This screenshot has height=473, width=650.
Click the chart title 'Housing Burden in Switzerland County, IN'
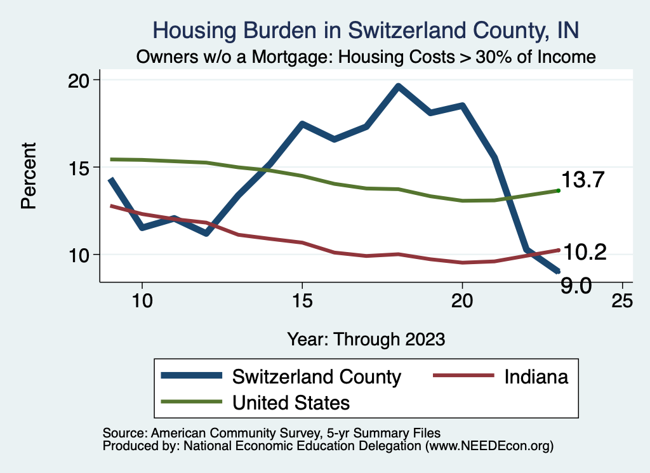coord(366,30)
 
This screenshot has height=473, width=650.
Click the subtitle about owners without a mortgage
coord(366,57)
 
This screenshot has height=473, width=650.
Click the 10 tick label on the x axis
coord(142,301)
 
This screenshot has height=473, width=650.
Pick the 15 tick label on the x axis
coord(302,301)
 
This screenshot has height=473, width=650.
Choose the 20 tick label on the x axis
coord(461,301)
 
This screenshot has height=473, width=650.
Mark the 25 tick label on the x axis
coord(621,301)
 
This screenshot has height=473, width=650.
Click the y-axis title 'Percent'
coord(29,184)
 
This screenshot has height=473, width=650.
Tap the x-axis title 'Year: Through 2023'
coord(366,338)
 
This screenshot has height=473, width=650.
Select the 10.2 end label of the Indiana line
coord(585,253)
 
